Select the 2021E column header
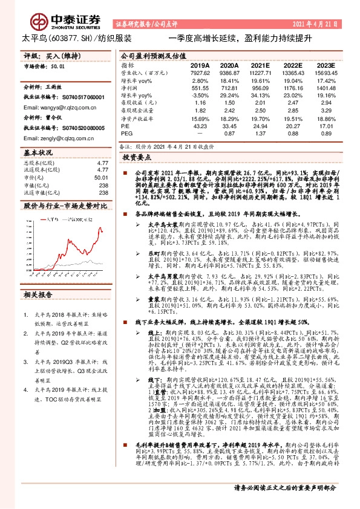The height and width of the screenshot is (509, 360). click(260, 65)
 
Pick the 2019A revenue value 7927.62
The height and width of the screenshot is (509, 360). click(200, 73)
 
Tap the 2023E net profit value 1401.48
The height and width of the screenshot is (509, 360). click(325, 88)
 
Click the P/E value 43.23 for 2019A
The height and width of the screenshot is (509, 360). click(200, 125)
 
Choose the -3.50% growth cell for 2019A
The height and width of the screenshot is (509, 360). click(200, 95)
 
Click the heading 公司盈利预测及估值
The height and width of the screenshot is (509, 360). click(149, 54)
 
